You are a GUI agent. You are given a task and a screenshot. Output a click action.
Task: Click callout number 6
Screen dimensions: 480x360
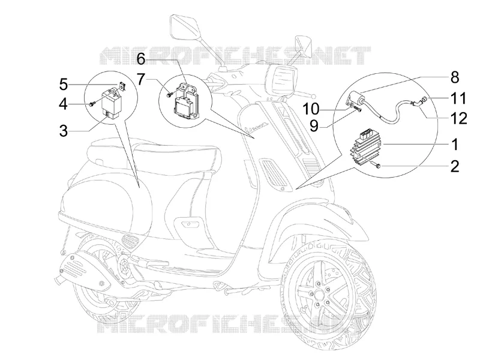coord(141,59)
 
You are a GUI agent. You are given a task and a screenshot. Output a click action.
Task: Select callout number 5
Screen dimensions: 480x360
coord(64,84)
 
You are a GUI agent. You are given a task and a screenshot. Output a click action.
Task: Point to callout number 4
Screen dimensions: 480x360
coord(64,104)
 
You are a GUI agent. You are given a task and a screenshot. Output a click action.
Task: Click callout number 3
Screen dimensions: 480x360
coord(64,131)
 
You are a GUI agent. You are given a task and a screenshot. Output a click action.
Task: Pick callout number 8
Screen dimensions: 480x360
coord(455,77)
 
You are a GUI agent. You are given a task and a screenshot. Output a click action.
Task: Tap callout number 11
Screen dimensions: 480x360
coord(458,98)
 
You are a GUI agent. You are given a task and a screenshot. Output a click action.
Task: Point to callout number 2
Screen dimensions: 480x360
coord(455,166)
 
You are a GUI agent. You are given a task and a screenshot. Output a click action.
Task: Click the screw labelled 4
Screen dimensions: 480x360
coord(91,104)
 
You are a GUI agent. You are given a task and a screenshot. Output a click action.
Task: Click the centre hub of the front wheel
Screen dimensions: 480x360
coord(319,295)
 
